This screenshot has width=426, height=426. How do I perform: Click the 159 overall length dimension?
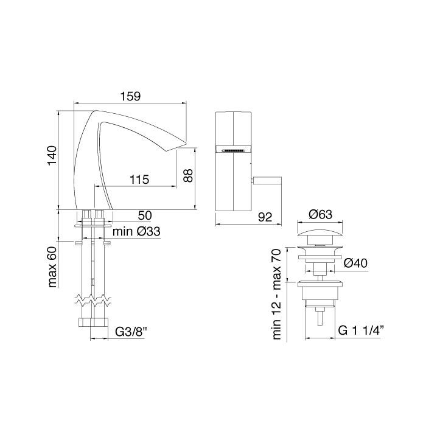click(130, 96)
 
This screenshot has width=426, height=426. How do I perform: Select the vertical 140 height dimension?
click(52, 158)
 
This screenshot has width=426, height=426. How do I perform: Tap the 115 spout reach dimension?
click(139, 180)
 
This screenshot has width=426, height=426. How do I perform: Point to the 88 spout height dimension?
click(188, 175)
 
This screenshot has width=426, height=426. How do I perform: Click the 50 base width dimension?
click(145, 215)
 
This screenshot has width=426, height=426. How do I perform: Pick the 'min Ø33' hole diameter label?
click(137, 231)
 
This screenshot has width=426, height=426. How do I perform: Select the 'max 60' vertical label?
click(52, 267)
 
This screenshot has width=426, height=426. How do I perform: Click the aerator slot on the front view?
click(234, 149)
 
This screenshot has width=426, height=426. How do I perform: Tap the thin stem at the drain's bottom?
click(319, 317)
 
